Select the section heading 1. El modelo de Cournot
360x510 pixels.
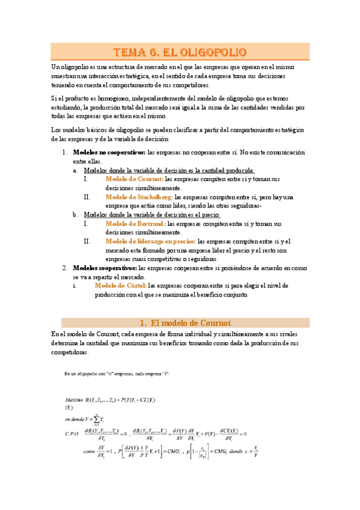(180, 323)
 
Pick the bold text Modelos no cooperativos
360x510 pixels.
(109, 153)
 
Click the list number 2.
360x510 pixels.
(66, 268)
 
